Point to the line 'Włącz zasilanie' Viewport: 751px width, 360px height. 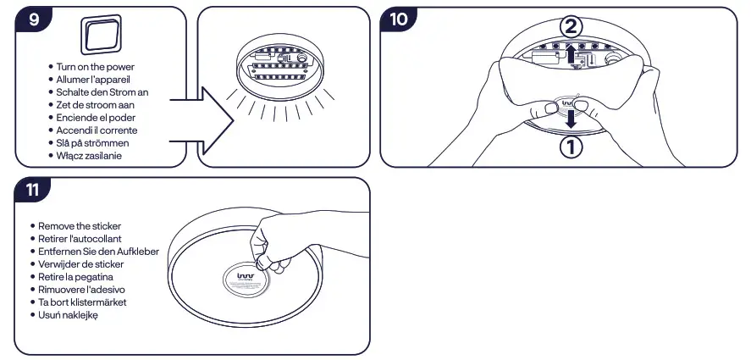[92, 156]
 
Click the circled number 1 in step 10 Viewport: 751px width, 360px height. [572, 147]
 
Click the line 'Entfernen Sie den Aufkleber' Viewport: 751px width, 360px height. [99, 252]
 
